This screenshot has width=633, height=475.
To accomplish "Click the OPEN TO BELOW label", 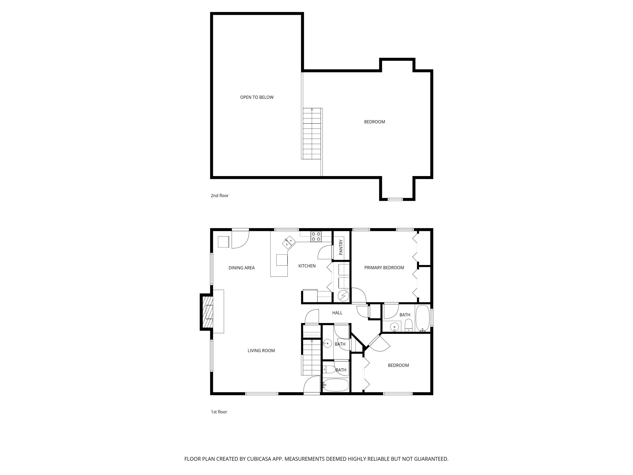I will [257, 97].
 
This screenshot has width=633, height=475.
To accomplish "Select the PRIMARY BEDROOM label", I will [384, 268].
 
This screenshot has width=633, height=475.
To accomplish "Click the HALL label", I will [337, 313].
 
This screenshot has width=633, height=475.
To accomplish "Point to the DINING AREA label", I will [242, 268].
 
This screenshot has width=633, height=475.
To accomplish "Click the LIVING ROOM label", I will [261, 350].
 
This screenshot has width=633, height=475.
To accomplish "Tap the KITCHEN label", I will [307, 266].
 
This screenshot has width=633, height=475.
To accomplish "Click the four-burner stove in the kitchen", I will [316, 236].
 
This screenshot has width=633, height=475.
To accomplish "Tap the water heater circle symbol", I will [343, 296].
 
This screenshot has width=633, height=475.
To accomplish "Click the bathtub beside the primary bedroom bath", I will [422, 318].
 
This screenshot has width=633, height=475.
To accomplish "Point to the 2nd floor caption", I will [219, 195].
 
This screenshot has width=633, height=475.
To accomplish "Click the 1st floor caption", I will [219, 412].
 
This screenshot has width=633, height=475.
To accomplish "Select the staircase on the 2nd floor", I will [312, 134].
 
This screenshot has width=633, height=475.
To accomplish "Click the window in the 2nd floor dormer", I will [395, 199].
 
